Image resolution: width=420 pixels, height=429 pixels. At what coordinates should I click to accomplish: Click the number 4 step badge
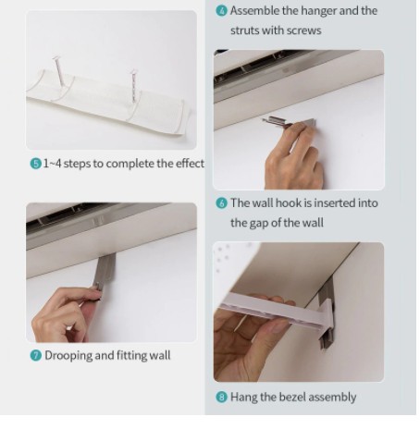pyautogui.click(x=221, y=11)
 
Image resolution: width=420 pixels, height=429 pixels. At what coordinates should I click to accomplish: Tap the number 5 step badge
pyautogui.click(x=36, y=164)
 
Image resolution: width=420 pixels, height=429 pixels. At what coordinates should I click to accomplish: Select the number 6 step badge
pyautogui.click(x=221, y=203)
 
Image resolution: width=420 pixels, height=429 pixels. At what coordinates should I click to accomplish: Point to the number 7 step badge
pyautogui.click(x=36, y=356)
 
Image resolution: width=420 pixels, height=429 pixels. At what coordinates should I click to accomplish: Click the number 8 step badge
pyautogui.click(x=221, y=398)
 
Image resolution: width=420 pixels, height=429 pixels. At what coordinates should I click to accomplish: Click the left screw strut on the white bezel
pyautogui.click(x=58, y=71)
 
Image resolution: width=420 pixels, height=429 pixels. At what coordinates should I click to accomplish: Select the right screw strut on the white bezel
pyautogui.click(x=134, y=85)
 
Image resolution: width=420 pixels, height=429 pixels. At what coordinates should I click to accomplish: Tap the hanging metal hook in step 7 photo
pyautogui.click(x=105, y=271)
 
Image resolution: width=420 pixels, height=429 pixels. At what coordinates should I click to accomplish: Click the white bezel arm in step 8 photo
pyautogui.click(x=276, y=311)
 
